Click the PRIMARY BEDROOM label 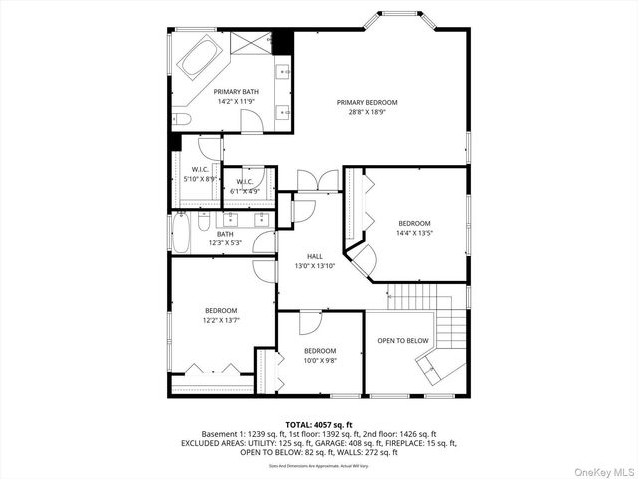tap(366, 102)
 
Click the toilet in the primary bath tap(180, 119)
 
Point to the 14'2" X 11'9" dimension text tap(236, 101)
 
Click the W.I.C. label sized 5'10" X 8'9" tap(199, 170)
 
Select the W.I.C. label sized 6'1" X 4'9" tap(245, 182)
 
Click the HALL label tap(315, 256)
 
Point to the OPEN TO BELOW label tap(402, 340)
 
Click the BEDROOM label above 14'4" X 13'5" tap(414, 223)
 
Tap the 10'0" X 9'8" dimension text tap(319, 361)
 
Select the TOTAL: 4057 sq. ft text tap(319, 424)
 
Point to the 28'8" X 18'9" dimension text tap(366, 112)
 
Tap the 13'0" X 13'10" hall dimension tap(315, 266)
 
